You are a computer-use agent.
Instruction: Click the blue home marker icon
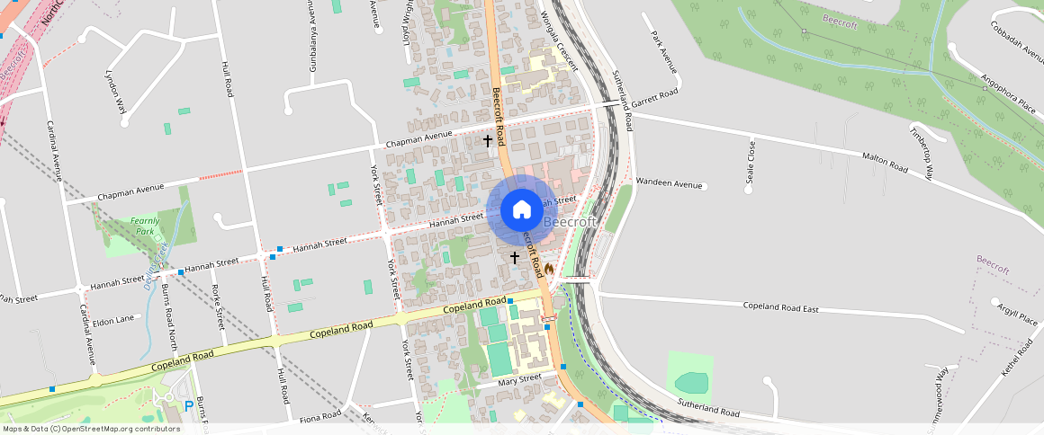click(x=521, y=210)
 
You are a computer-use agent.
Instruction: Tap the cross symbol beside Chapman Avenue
click(x=488, y=141)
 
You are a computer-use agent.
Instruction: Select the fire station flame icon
click(x=548, y=268)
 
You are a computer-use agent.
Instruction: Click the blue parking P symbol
click(x=188, y=406)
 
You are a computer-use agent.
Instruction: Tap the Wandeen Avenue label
click(x=668, y=183)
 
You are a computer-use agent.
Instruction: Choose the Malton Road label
click(x=886, y=161)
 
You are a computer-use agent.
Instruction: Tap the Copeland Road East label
click(x=780, y=307)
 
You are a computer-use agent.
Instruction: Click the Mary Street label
click(x=519, y=379)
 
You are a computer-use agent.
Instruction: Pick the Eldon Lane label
click(x=112, y=319)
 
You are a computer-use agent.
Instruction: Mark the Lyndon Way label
click(x=115, y=93)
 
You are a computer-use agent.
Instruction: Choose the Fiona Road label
click(x=320, y=416)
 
